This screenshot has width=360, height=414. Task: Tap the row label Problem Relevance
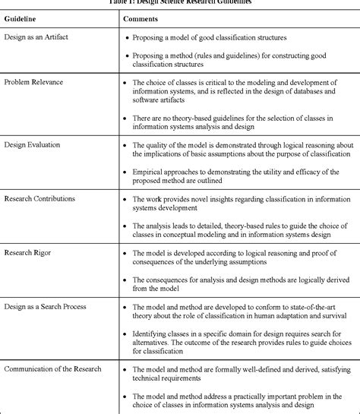click(x=33, y=81)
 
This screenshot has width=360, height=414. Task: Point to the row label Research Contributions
click(x=39, y=198)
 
